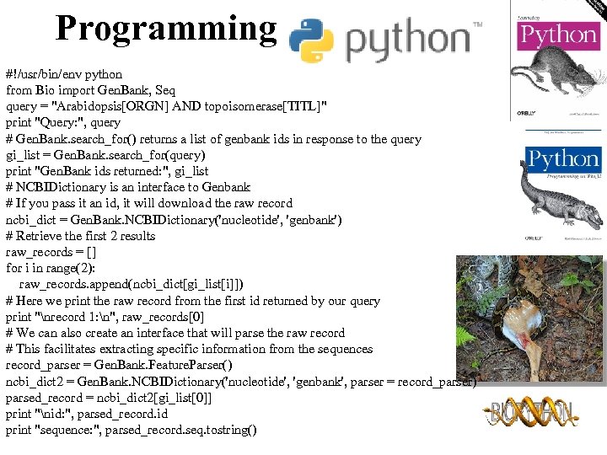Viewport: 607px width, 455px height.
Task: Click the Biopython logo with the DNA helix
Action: coord(530,412)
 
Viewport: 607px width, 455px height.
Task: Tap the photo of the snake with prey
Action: coord(529,320)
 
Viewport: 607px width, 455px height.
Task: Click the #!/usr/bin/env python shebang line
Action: coord(64,74)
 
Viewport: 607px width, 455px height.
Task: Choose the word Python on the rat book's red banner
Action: coord(557,35)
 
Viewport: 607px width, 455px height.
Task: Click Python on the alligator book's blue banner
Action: coord(562,159)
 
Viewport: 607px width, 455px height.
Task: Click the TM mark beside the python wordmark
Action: coord(478,26)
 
